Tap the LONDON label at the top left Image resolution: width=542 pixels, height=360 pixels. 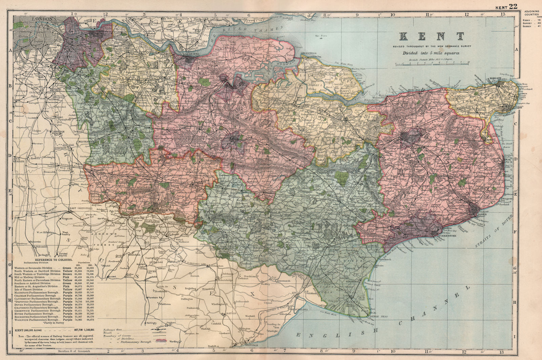[x=42, y=19]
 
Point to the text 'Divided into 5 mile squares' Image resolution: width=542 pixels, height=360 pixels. [x=431, y=53]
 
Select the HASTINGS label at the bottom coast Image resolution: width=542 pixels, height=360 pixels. [x=250, y=345]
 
